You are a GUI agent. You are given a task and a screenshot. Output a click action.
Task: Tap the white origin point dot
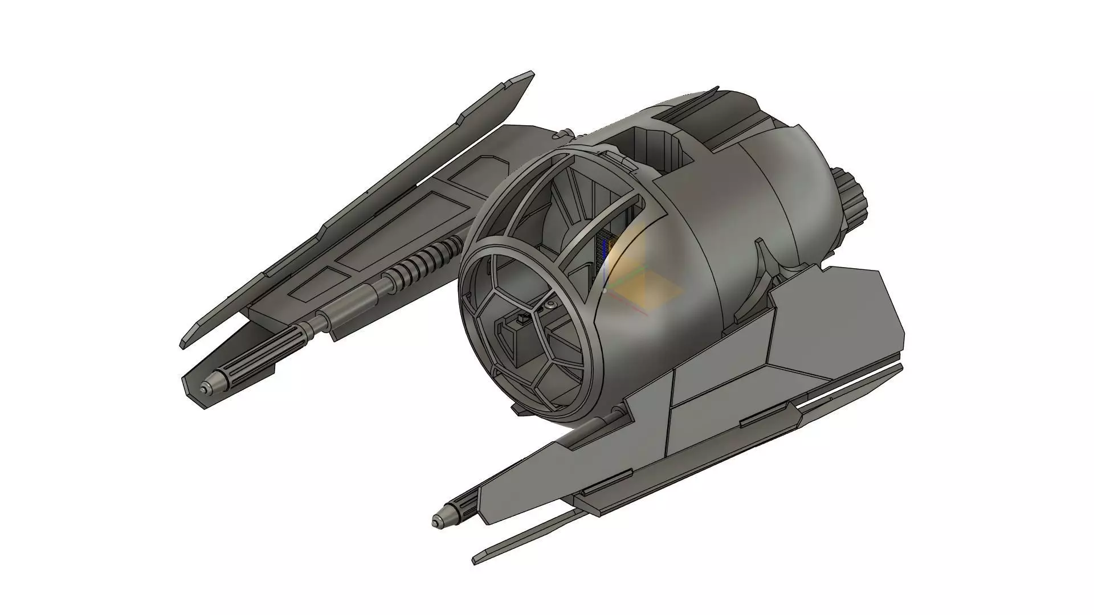(606, 290)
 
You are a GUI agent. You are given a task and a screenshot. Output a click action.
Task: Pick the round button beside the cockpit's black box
(551, 307)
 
